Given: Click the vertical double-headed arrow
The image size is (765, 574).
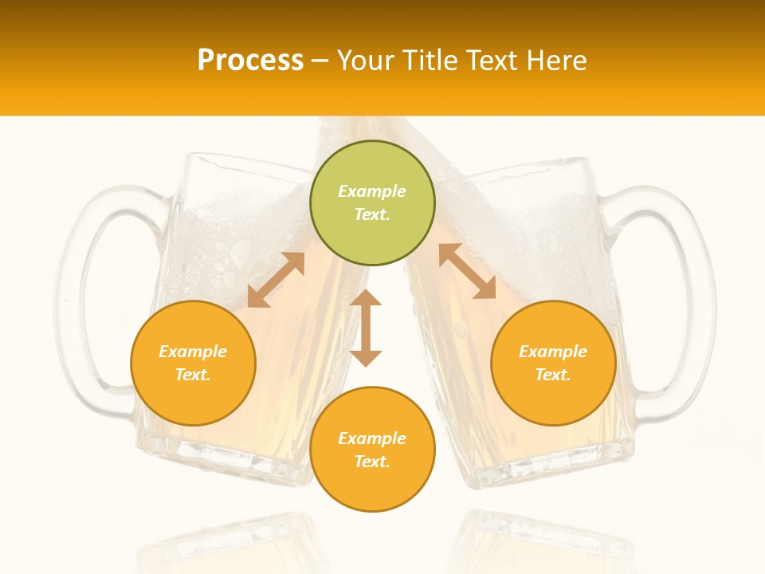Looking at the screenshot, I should tap(366, 328).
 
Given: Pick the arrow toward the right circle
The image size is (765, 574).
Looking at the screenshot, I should tap(467, 271).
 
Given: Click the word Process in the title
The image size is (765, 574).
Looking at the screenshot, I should tap(250, 60).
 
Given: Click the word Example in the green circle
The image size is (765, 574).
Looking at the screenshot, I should tap(372, 191).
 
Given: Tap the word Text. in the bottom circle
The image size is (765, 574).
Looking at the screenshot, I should tap(372, 462).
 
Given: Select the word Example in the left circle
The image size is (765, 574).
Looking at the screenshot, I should tap(193, 352).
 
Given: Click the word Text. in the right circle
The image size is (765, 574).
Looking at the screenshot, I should tap(553, 375).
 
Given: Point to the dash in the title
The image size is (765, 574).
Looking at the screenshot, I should tap(320, 61).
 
